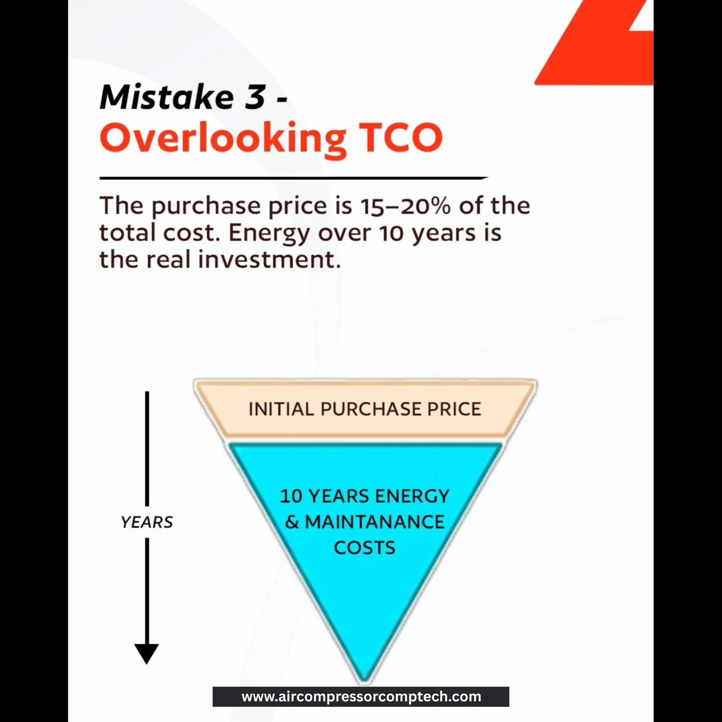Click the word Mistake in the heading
pos(166,97)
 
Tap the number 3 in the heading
pos(255,97)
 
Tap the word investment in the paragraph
pos(269,259)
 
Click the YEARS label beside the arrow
pos(147,522)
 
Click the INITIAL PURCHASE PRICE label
pos(365,409)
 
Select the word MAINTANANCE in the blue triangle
pos(375,522)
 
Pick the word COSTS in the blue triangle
pos(364,548)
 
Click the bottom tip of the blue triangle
pos(364,682)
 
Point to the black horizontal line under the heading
pos(294,178)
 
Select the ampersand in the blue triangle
pos(292,522)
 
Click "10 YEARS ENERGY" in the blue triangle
pos(365,496)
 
